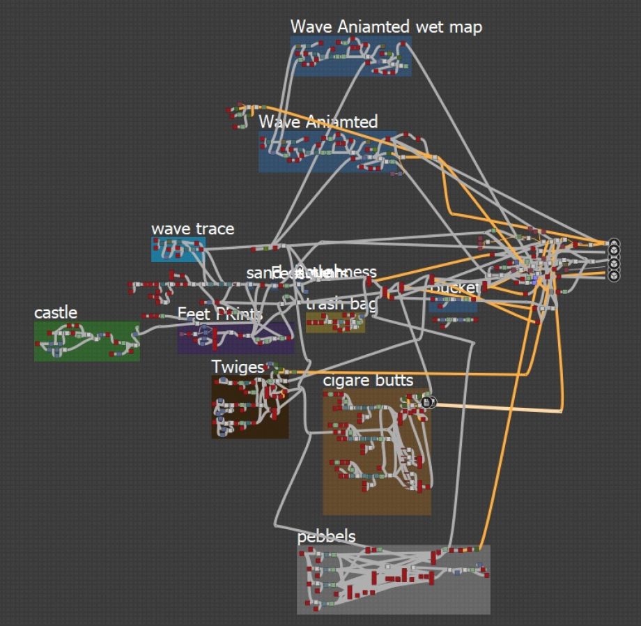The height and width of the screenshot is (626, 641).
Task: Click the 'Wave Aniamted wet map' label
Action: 386,26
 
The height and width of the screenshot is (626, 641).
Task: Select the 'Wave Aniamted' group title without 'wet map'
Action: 318,122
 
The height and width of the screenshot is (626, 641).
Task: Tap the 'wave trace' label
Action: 192,229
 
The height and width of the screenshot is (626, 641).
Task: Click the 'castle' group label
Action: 56,312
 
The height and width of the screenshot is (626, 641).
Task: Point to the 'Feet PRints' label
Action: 219,314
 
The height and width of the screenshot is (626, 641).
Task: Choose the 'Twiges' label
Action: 238,367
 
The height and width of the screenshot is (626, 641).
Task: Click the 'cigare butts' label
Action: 368,380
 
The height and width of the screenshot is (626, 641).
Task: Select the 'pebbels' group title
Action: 326,536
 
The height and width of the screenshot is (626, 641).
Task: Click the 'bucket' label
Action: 454,287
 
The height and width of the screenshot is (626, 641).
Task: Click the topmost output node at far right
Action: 614,243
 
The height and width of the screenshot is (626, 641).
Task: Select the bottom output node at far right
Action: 614,276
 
